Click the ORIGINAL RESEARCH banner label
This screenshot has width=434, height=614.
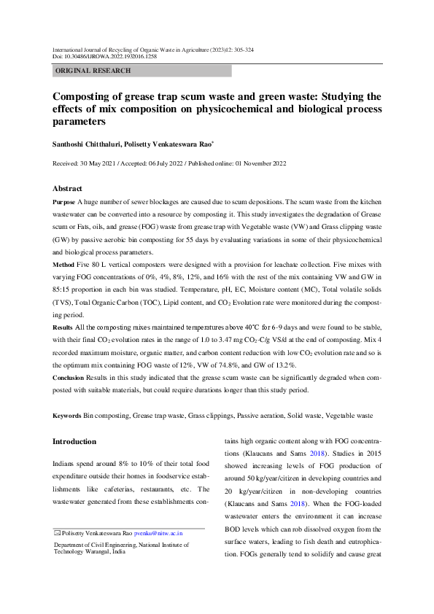(x=93, y=71)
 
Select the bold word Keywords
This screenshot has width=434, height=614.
(x=69, y=415)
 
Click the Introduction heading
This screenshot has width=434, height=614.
(x=74, y=442)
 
